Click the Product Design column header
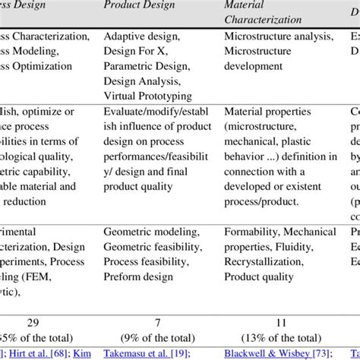[x=139, y=5]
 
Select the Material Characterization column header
[x=261, y=12]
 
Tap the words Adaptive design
[x=141, y=36]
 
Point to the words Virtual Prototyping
[x=147, y=96]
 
